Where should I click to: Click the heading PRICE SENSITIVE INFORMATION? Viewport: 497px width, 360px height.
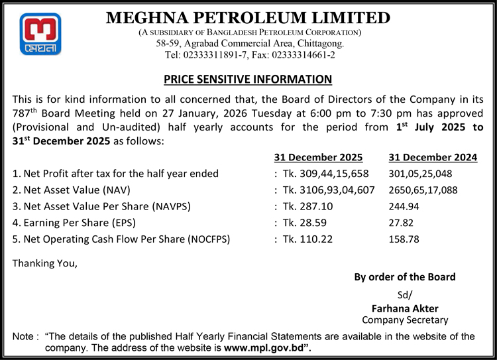click(x=248, y=80)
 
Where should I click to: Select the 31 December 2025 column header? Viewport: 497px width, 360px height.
click(x=318, y=157)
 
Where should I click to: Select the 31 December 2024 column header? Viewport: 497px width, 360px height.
click(x=433, y=157)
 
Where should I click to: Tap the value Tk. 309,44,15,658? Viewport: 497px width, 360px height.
click(x=327, y=174)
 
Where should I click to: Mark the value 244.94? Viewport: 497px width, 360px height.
click(x=404, y=206)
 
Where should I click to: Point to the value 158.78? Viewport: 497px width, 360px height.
click(x=404, y=239)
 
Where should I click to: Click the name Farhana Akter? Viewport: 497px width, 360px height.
click(x=405, y=308)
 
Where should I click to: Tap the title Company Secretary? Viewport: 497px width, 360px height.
click(x=405, y=320)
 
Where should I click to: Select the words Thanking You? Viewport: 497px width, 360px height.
click(x=45, y=263)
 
